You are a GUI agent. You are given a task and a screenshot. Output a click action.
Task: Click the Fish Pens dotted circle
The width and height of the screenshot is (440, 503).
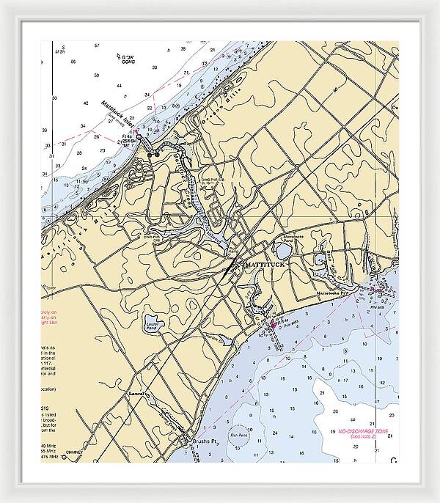click(238, 434)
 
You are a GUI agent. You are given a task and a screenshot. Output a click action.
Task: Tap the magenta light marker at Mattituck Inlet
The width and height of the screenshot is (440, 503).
click(138, 136)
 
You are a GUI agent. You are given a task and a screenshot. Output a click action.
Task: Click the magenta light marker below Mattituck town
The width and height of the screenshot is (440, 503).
click(274, 323)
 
